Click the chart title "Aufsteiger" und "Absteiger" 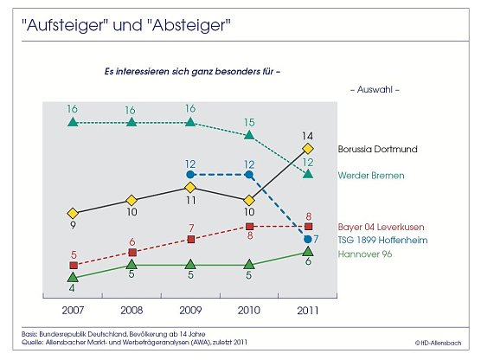coord(126,24)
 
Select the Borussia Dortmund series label coord(377,149)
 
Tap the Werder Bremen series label coord(371,175)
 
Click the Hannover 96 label coord(364,254)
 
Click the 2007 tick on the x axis coord(73,309)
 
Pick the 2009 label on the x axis coord(190,309)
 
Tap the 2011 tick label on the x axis coord(308,309)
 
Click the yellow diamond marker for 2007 coord(73,212)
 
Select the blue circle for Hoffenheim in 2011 coord(308,239)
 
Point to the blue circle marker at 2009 coord(190,175)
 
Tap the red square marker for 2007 coord(73,265)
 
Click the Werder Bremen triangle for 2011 coord(308,175)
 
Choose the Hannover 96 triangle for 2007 coord(73,277)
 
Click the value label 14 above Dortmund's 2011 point coord(308,135)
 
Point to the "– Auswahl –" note coord(374,89)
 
